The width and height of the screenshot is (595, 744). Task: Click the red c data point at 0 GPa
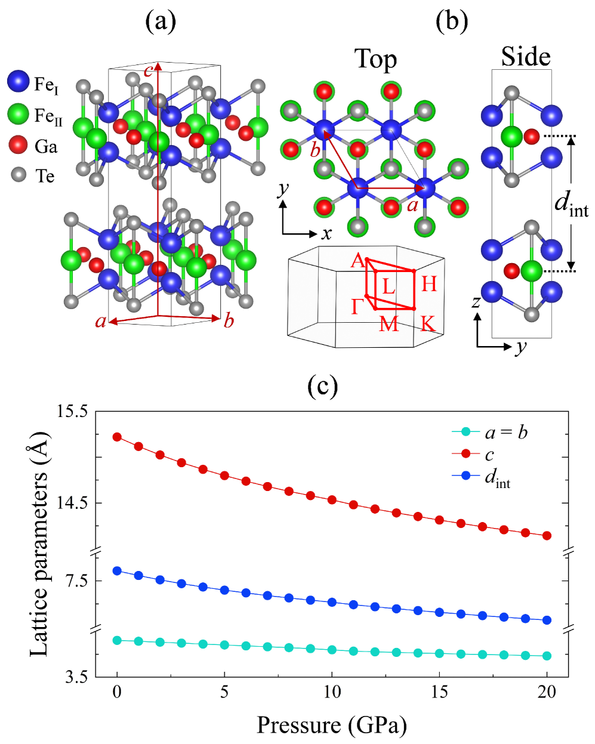tap(118, 437)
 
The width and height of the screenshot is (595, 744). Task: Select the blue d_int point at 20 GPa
tap(547, 620)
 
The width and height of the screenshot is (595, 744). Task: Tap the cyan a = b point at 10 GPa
tap(332, 650)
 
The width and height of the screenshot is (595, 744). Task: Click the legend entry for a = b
tap(506, 432)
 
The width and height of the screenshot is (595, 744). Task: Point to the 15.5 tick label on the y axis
tap(71, 412)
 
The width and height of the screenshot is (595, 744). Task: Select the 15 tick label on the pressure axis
tap(439, 692)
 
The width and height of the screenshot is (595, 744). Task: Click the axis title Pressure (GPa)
tap(332, 726)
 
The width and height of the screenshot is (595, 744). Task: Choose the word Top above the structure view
tap(375, 59)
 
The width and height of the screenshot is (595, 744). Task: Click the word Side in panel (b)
tap(525, 56)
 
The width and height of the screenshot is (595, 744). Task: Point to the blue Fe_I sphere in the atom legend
tap(19, 82)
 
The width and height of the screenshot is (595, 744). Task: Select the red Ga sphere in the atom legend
tap(19, 144)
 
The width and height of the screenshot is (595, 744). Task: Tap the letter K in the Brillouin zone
tap(427, 324)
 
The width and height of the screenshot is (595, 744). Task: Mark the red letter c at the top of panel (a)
tap(148, 71)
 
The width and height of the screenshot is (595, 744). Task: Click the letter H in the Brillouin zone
tap(429, 283)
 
